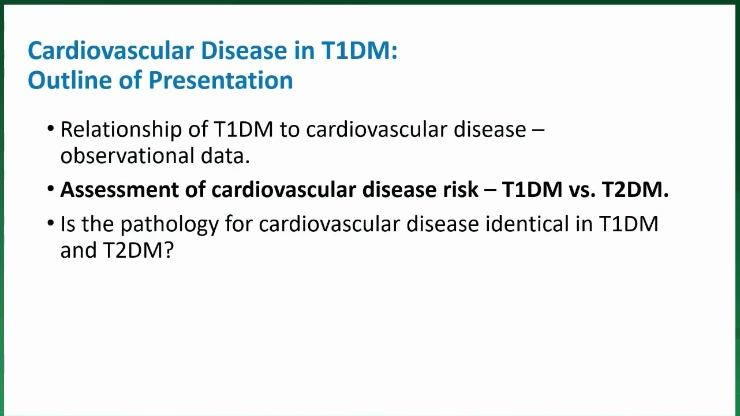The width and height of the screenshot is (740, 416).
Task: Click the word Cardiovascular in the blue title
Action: pos(111,51)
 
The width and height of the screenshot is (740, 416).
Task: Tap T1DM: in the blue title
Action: pos(360,51)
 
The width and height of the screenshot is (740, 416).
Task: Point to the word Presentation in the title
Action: pos(220,80)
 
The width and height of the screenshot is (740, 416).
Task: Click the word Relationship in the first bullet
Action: pos(121,129)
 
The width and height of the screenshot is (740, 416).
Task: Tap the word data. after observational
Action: pos(225,155)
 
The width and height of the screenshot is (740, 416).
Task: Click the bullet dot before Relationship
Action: pos(51,128)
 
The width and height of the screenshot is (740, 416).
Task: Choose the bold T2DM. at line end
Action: pos(636,190)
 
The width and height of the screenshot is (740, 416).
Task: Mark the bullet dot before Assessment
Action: pos(51,189)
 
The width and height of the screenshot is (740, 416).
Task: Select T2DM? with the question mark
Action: pos(138,250)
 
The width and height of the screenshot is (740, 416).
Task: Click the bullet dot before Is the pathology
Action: pos(51,223)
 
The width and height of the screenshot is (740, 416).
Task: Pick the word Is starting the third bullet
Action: pos(68,224)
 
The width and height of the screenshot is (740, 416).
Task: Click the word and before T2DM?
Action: pos(79,250)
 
